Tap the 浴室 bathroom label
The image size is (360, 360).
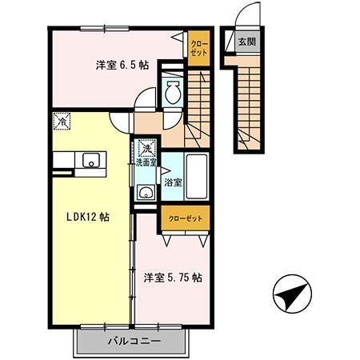pos(173,182)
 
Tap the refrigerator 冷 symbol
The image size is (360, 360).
pos(62,122)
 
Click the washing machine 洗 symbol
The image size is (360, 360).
pos(146,147)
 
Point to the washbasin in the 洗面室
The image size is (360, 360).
pos(144,192)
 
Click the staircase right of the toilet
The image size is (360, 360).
pos(198,100)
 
